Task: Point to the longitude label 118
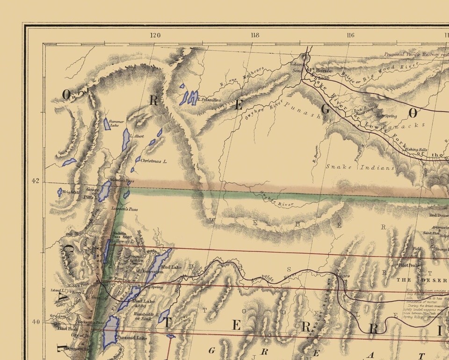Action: pyautogui.click(x=254, y=35)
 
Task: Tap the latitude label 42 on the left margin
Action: pyautogui.click(x=36, y=181)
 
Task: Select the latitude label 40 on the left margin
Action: pyautogui.click(x=36, y=322)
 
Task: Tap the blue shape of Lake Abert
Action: pyautogui.click(x=126, y=139)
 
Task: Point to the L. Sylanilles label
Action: pyautogui.click(x=209, y=100)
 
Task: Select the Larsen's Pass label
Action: pyautogui.click(x=125, y=209)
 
